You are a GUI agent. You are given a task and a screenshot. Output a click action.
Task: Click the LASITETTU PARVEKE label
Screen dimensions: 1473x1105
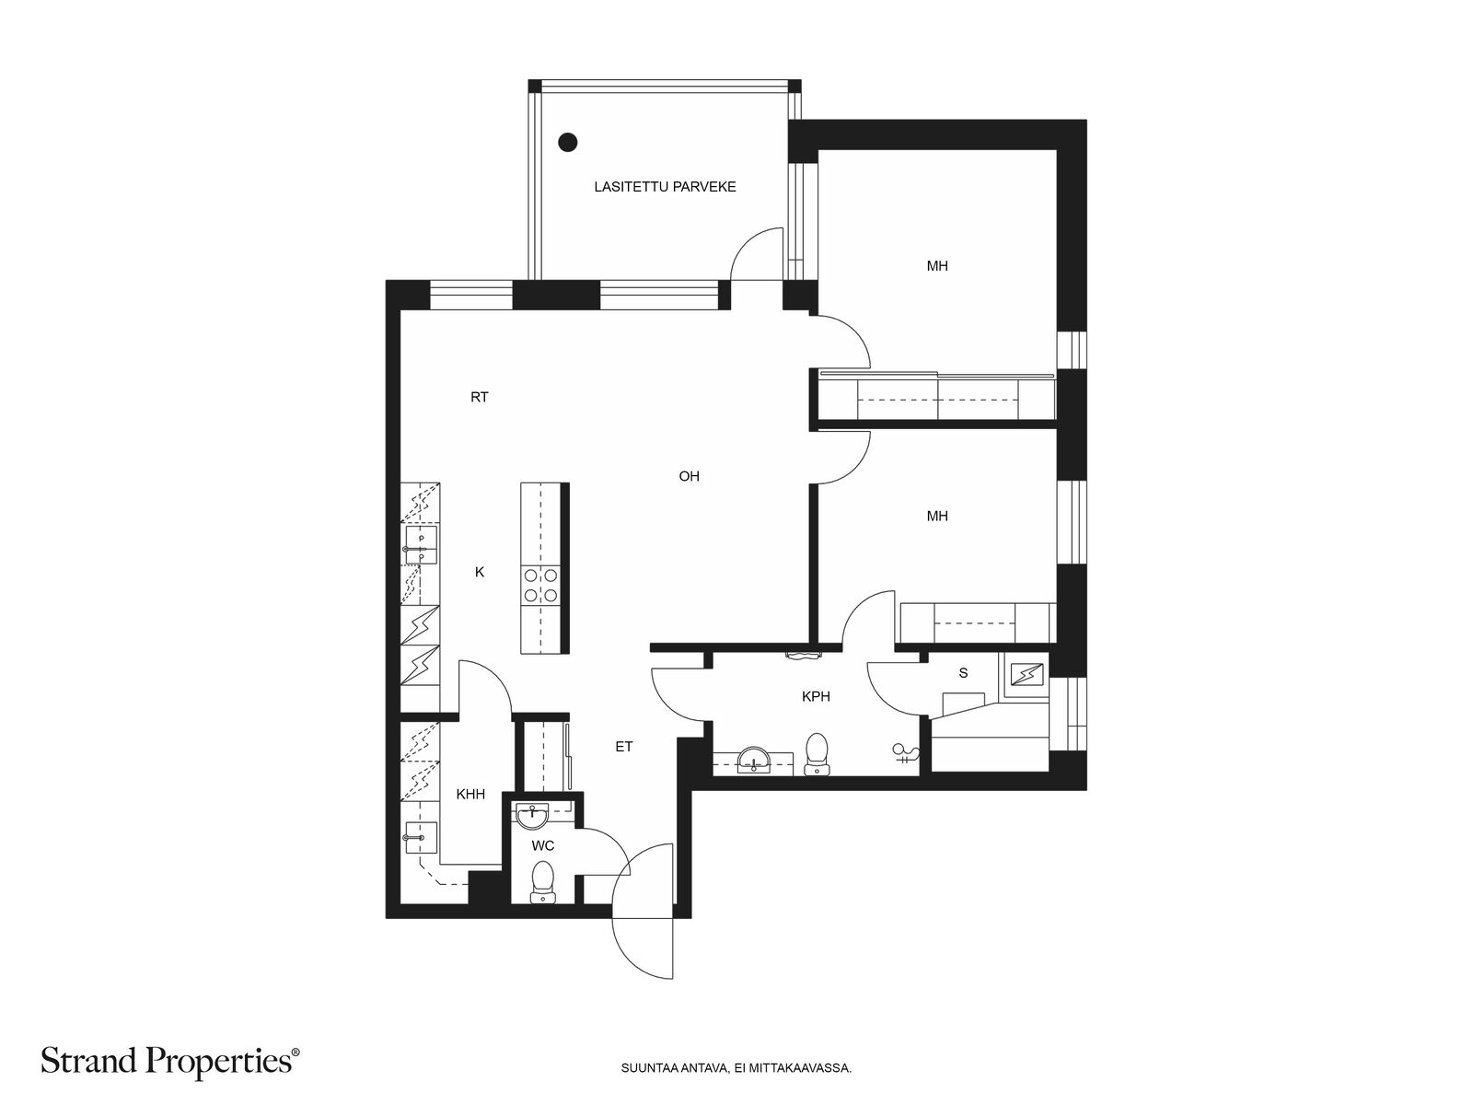pos(665,187)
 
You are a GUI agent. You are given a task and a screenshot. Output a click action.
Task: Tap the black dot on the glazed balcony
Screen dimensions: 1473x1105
pos(568,142)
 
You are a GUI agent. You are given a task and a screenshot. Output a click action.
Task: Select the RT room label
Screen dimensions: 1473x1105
pos(479,397)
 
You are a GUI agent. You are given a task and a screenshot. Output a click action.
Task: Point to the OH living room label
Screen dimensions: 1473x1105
pos(690,476)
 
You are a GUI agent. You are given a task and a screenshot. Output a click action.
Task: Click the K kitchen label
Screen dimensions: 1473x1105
pos(479,572)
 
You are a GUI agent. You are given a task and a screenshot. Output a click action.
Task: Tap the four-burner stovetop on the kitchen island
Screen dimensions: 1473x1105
pos(540,585)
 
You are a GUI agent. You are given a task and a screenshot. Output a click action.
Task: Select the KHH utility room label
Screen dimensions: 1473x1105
pos(470,795)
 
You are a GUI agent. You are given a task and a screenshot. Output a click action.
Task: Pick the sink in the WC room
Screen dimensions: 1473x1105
pos(533,817)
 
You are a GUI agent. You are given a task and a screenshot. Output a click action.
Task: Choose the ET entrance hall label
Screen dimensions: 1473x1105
pos(624,746)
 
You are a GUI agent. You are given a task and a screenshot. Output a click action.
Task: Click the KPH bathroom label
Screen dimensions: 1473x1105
pos(816,696)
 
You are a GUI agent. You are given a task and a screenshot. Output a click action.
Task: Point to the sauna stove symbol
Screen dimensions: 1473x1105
pos(1026,674)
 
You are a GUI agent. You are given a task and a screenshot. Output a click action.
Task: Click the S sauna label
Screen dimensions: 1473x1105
pos(963,673)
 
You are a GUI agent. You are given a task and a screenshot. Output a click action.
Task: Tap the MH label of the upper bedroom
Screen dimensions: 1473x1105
pos(937,266)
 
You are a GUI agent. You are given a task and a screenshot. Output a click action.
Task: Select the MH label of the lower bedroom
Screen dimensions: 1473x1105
pos(937,516)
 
